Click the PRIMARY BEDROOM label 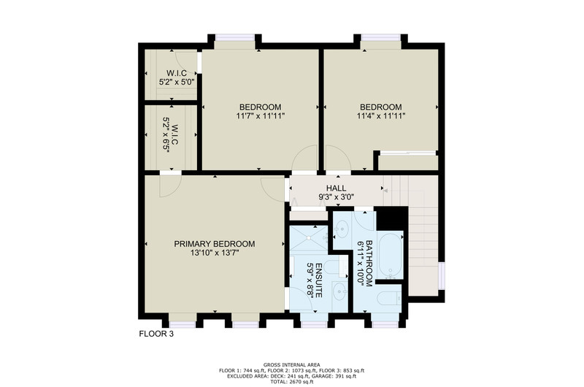click(x=215, y=244)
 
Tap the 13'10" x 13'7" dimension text click(x=215, y=253)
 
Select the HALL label click(x=336, y=188)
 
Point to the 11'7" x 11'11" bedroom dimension click(x=261, y=116)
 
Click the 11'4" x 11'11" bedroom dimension click(x=381, y=116)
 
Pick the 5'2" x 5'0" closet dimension click(x=177, y=82)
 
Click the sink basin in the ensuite click(x=339, y=291)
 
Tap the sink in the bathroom click(x=341, y=229)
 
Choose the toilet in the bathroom click(x=389, y=298)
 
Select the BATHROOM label click(x=369, y=264)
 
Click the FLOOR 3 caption click(x=156, y=334)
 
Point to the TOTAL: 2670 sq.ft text click(x=291, y=382)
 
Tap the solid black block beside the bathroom click(x=392, y=218)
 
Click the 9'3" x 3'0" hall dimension click(x=336, y=196)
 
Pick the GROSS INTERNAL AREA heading click(x=291, y=364)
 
